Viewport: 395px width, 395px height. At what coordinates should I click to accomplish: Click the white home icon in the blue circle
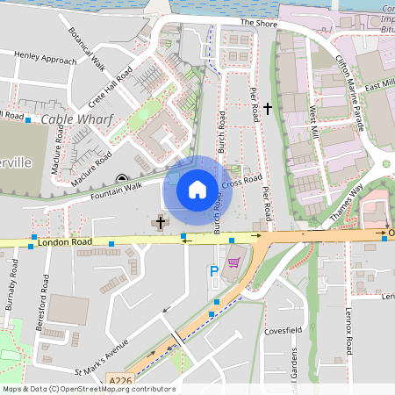pos(197,189)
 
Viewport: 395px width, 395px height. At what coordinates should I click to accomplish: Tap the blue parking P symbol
pos(213,273)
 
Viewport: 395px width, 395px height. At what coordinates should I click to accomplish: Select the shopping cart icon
pos(233,262)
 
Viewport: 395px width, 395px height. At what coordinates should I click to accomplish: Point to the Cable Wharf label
pos(72,119)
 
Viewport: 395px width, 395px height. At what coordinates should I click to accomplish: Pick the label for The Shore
pos(257,23)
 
